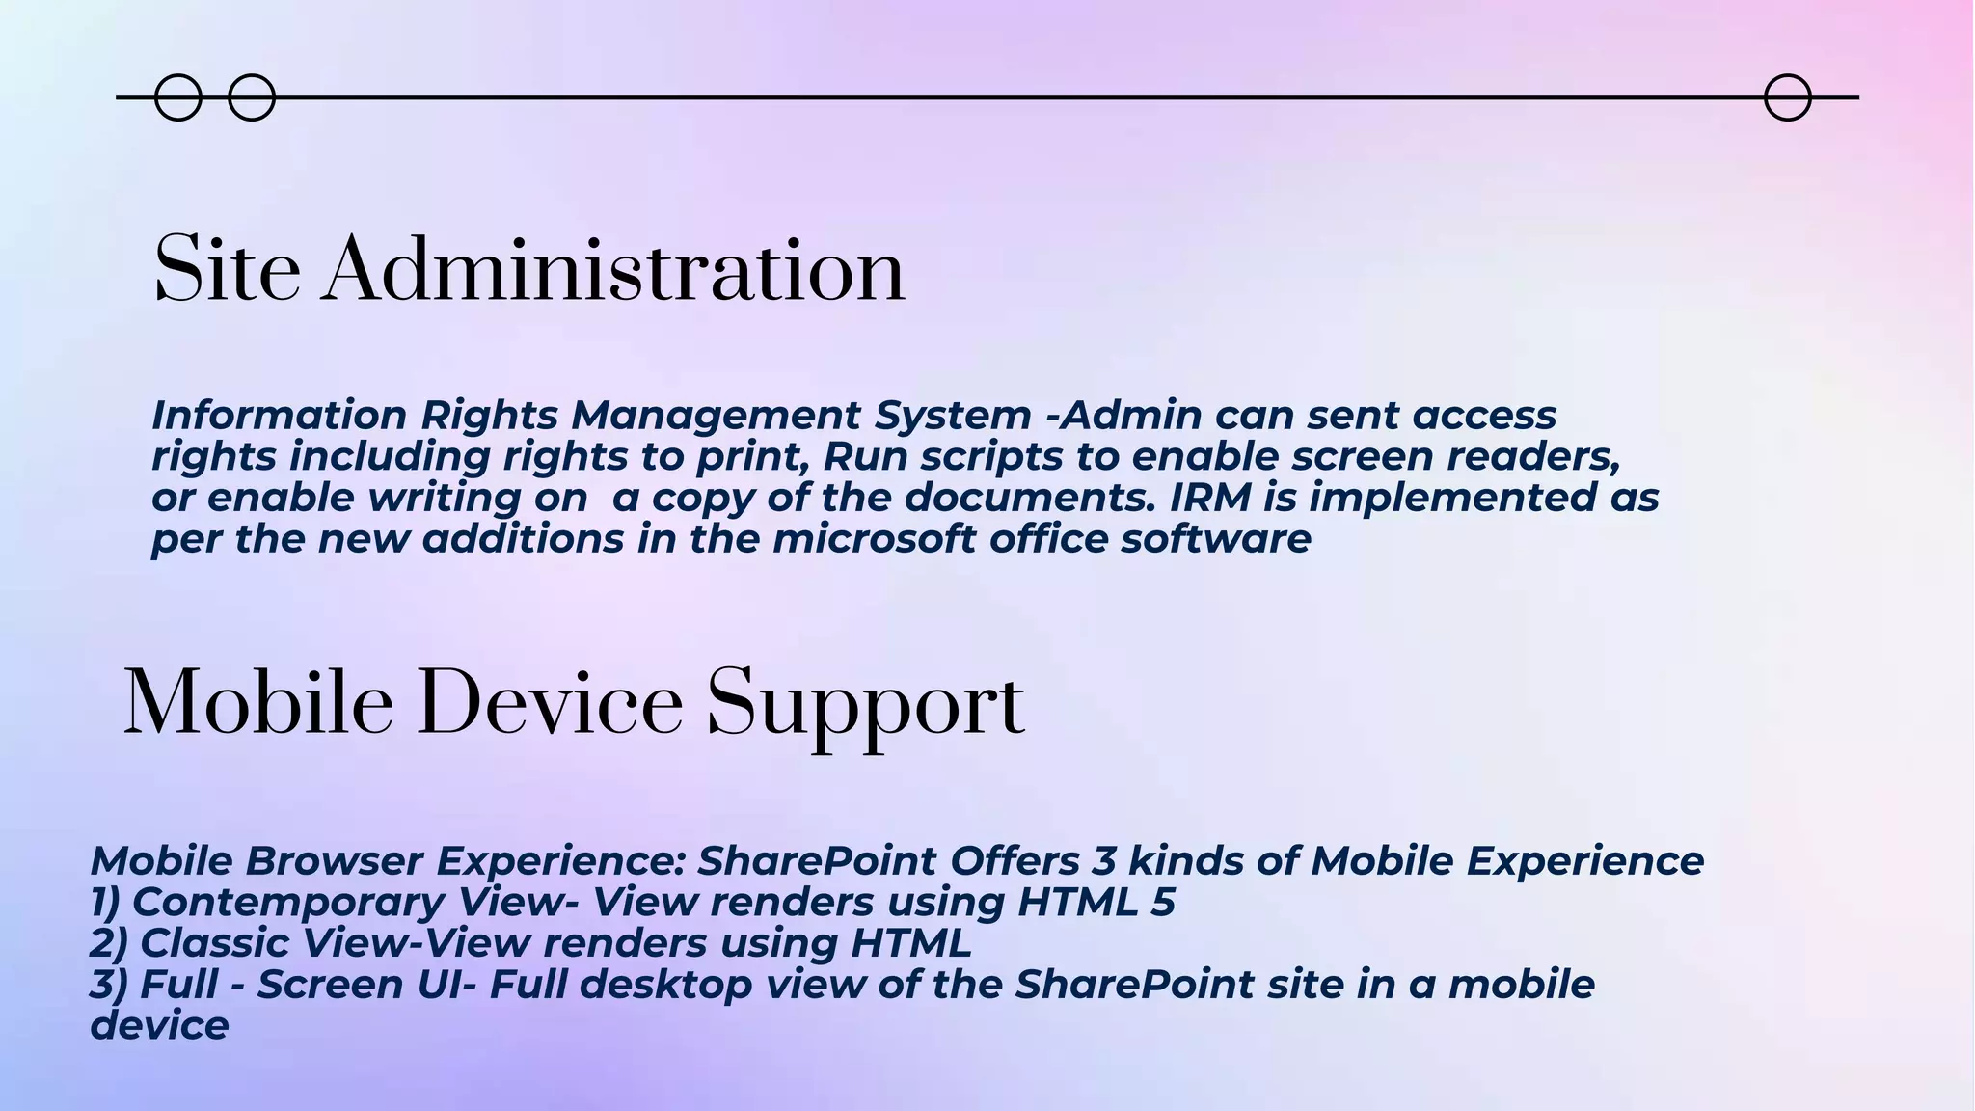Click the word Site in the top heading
227,271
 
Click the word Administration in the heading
614,271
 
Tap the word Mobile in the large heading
258,704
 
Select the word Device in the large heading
550,704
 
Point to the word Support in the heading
865,707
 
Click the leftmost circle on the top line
178,97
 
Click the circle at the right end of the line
1787,97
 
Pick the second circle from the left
252,97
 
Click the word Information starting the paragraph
280,416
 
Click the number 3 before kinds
1105,860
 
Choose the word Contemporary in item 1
288,903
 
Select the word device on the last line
159,1025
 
